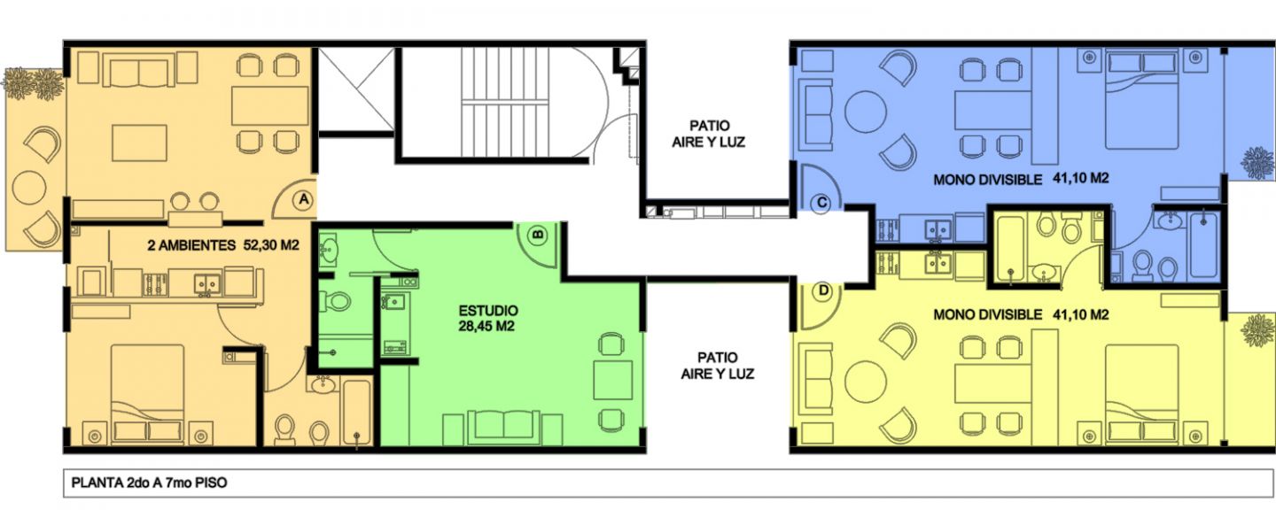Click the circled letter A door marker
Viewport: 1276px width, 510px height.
point(304,200)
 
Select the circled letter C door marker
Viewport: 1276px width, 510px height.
point(821,203)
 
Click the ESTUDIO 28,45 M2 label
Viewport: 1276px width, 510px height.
point(488,318)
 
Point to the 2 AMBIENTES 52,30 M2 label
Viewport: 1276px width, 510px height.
point(223,245)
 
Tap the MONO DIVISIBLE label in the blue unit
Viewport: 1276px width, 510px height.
point(988,180)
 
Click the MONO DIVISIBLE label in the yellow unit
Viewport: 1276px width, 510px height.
point(988,315)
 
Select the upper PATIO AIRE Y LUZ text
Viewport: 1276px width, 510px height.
point(709,134)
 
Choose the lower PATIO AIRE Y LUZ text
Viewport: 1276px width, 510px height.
point(717,366)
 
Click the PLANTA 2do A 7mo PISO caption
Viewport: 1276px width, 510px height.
point(149,483)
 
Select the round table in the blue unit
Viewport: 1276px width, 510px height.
point(865,112)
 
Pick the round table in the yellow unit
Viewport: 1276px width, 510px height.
point(865,382)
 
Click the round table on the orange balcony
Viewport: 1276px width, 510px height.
point(29,188)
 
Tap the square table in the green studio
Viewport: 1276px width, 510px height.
point(613,380)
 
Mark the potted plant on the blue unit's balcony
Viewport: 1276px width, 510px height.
point(1257,163)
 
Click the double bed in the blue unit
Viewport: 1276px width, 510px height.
point(1141,99)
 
